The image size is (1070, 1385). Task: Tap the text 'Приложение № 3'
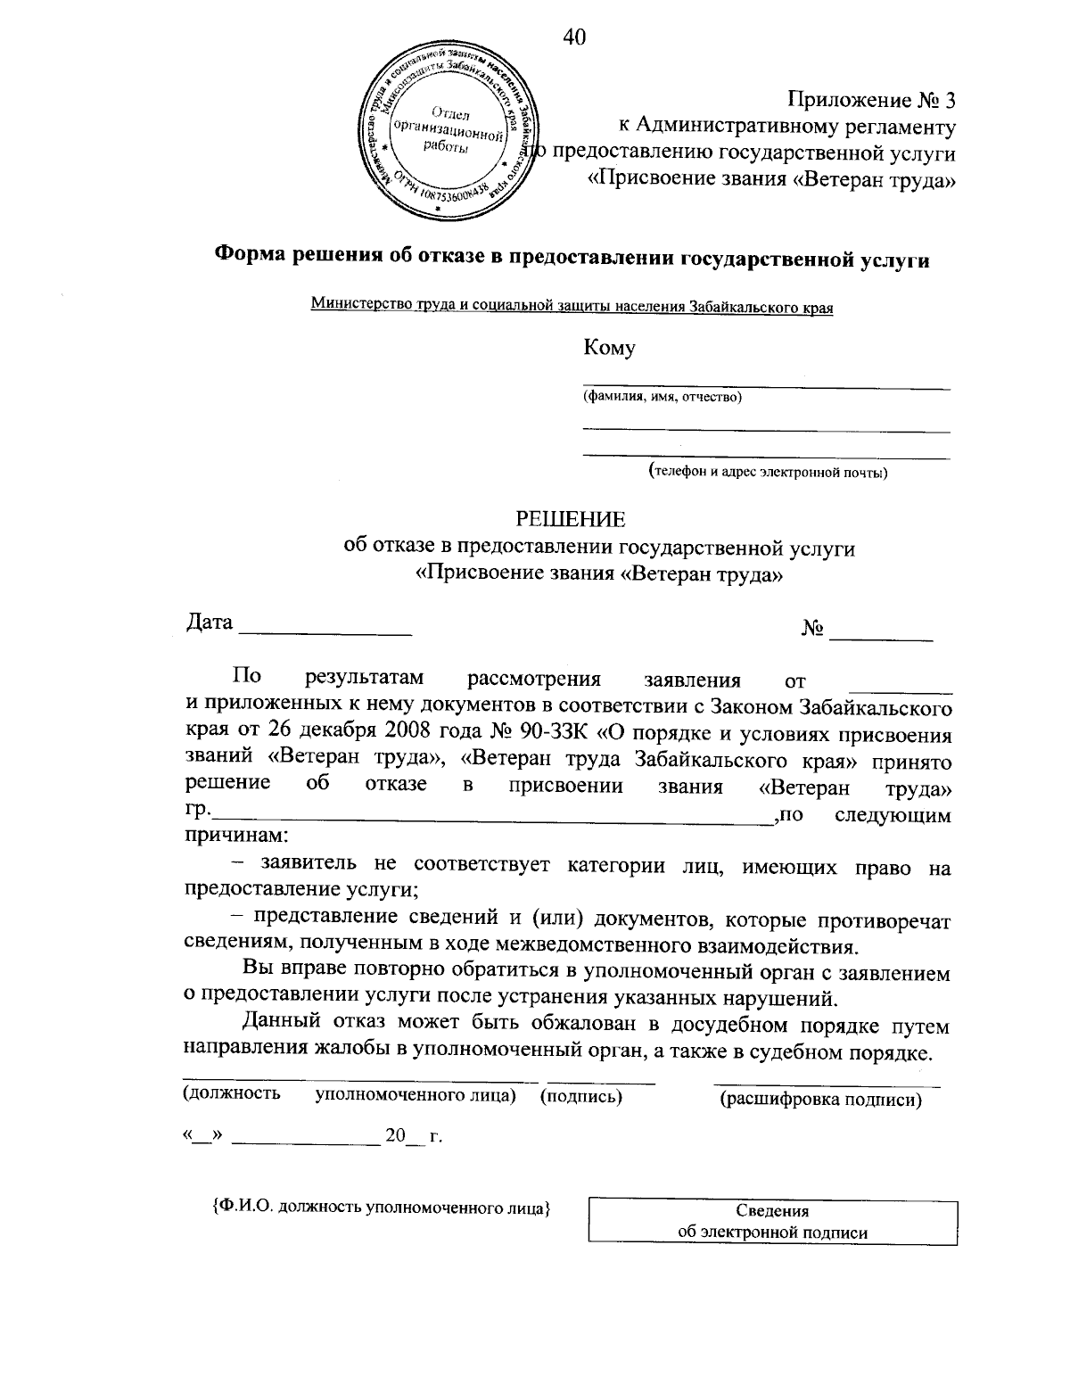(x=871, y=100)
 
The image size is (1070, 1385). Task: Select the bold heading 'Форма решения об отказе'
(x=571, y=259)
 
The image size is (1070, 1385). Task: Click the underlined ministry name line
(x=572, y=308)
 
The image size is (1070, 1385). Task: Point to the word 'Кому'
(x=609, y=349)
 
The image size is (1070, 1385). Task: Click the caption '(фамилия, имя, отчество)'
(x=662, y=397)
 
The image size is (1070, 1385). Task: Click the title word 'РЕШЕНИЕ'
(x=572, y=519)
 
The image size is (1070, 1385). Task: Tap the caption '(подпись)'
(x=581, y=1095)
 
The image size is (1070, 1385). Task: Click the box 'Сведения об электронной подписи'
(x=772, y=1222)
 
